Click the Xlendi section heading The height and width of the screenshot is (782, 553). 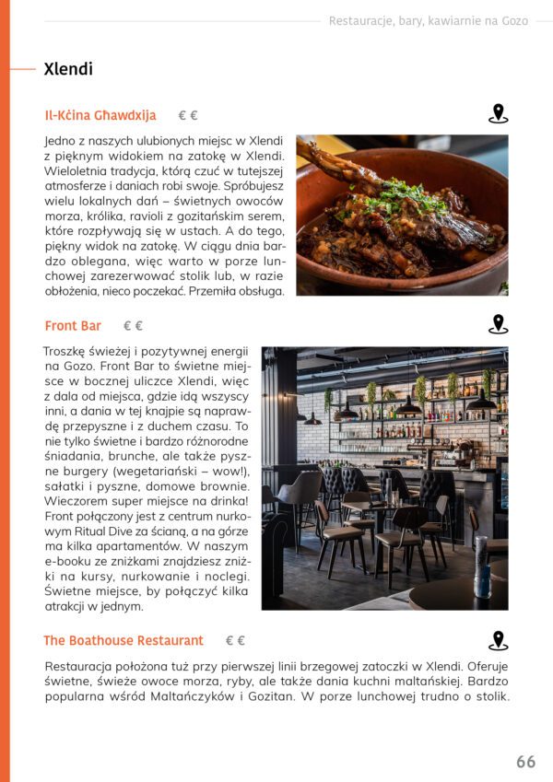(x=68, y=69)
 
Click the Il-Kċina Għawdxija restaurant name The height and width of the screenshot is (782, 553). (x=100, y=116)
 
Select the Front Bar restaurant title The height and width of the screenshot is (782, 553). (x=73, y=326)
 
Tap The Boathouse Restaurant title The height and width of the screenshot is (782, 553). (x=124, y=641)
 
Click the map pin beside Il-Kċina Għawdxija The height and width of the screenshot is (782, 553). (x=498, y=114)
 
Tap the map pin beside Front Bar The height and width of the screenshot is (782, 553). (x=498, y=324)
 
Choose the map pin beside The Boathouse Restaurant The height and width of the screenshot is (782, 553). (x=498, y=640)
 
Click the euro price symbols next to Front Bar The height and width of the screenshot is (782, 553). (x=134, y=326)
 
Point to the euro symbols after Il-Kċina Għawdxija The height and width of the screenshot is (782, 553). (x=188, y=116)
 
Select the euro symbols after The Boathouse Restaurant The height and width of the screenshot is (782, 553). (x=235, y=641)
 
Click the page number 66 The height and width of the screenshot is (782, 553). (x=525, y=762)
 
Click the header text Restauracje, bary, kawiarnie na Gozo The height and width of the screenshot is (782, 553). (x=428, y=21)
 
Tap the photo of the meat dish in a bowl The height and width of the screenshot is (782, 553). (x=402, y=216)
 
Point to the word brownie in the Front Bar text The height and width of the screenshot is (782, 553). (x=222, y=486)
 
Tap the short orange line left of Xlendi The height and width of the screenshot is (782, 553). (x=22, y=69)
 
